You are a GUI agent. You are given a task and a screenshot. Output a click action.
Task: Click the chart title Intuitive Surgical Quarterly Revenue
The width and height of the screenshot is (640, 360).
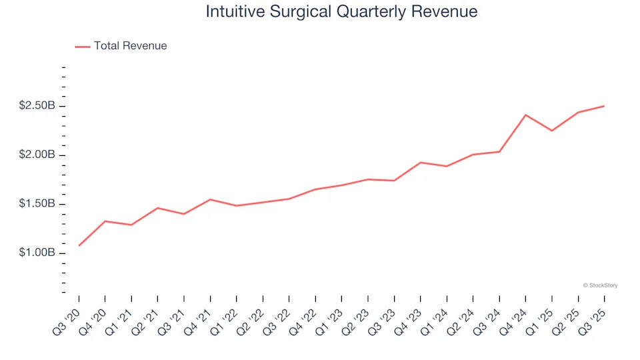[x=341, y=11]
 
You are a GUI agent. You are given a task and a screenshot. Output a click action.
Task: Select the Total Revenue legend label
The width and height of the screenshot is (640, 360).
[x=130, y=46]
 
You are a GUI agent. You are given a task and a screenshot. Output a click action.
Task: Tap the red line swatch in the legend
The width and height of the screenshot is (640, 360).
[x=82, y=47]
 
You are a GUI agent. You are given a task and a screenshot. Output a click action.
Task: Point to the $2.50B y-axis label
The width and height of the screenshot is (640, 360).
[x=37, y=106]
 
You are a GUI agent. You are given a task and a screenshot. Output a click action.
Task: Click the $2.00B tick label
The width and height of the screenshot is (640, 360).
[x=37, y=155]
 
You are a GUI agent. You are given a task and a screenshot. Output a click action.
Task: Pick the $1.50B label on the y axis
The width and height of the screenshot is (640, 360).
[x=37, y=204]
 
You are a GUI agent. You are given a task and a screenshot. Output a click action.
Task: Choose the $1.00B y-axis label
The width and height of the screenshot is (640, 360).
[x=37, y=253]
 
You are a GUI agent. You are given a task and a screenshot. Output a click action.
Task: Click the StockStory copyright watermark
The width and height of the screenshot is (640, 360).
[x=600, y=285]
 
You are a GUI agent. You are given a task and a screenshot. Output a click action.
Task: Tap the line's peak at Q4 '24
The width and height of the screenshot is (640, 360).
[x=525, y=115]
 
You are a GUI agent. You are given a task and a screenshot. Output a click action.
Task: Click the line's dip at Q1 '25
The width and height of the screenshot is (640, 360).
[x=551, y=131]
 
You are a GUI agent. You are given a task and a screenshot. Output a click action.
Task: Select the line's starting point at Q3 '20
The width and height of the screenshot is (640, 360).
[x=79, y=245]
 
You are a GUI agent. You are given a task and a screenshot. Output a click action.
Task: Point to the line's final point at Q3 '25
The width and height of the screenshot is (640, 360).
[x=604, y=106]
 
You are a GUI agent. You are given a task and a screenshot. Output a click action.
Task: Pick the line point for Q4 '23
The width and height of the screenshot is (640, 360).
[x=421, y=162]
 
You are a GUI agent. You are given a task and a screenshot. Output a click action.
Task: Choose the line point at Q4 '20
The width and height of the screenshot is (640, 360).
[x=105, y=221]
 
